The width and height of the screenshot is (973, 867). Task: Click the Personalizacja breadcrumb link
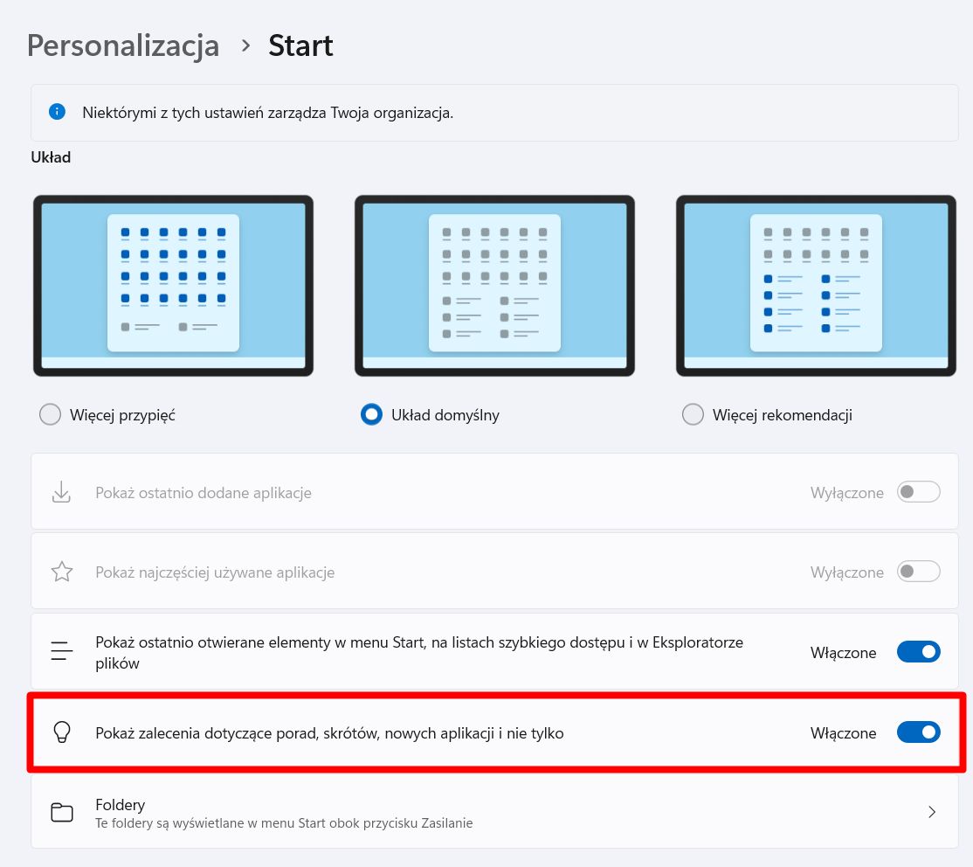pos(123,45)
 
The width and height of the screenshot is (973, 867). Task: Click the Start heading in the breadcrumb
pos(300,45)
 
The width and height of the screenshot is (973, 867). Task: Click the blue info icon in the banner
pos(58,112)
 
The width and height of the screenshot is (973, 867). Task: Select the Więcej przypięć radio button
pos(51,414)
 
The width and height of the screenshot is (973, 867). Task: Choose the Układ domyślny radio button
pos(372,414)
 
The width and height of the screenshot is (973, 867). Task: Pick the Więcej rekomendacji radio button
pos(693,414)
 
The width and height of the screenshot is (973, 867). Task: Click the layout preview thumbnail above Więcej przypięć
pos(173,286)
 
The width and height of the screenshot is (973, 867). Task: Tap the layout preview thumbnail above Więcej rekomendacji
pos(816,286)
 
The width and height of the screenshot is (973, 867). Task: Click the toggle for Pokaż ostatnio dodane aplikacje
pos(919,492)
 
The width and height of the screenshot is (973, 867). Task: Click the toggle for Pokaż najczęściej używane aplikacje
pos(919,572)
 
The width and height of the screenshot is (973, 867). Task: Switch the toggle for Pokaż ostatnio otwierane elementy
pos(919,652)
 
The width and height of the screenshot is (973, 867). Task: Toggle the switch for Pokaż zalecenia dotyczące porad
pos(919,732)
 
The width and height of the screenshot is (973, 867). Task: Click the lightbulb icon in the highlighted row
pos(61,732)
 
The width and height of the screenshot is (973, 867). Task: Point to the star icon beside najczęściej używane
pos(61,572)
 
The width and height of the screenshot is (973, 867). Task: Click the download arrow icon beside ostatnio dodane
pos(61,492)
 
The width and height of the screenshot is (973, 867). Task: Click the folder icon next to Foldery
pos(61,812)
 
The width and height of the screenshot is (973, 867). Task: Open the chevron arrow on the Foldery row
pos(932,812)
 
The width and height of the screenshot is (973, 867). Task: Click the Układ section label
pos(51,158)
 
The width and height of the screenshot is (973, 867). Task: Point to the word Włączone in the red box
pos(843,733)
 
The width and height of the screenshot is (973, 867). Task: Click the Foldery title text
pos(121,804)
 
